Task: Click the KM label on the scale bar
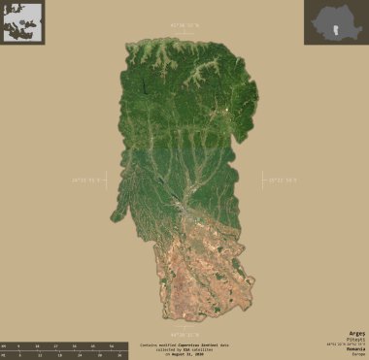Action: (5, 345)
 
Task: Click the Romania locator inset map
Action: (336, 21)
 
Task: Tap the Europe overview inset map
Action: (22, 21)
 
